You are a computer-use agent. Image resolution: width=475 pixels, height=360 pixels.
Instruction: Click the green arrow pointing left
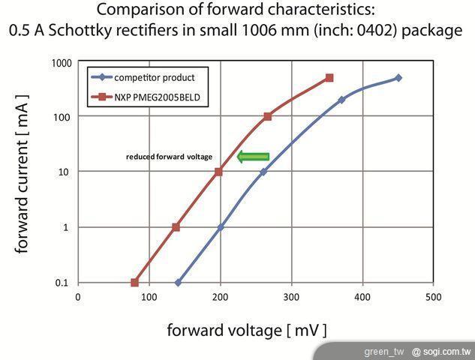[253, 157]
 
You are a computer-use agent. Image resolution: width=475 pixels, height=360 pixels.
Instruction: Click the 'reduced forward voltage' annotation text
[169, 157]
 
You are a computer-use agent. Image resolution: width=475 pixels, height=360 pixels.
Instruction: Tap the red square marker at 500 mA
[329, 78]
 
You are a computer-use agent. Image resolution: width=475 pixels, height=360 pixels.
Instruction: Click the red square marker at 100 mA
[267, 116]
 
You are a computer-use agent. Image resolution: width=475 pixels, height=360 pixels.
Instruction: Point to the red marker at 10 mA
[218, 172]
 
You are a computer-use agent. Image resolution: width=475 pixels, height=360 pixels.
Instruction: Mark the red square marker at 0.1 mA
[135, 283]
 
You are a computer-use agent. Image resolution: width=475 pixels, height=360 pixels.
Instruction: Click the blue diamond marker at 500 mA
[398, 78]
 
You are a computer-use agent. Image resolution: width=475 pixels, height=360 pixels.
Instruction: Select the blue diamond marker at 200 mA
[341, 100]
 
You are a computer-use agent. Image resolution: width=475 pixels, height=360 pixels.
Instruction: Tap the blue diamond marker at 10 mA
[263, 172]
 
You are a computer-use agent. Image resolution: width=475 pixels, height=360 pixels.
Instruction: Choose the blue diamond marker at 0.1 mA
[178, 283]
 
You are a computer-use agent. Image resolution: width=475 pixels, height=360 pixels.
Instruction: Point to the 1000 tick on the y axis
[62, 63]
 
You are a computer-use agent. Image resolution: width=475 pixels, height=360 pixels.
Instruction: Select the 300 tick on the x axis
[291, 297]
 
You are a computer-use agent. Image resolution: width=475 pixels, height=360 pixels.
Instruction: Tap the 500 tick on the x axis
[433, 297]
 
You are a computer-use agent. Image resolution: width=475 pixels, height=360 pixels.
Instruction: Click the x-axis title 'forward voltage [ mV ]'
[246, 330]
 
